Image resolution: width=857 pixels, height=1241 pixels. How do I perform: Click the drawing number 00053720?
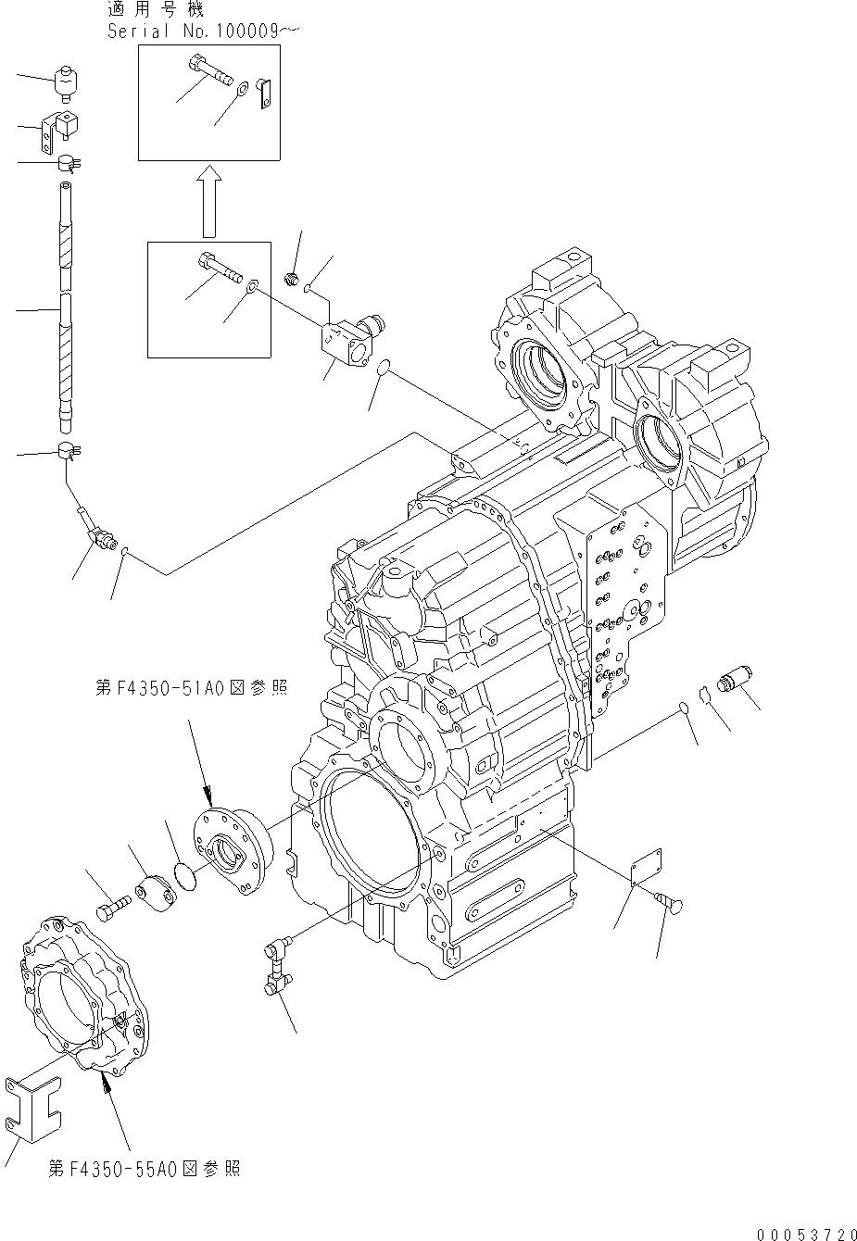point(804,1234)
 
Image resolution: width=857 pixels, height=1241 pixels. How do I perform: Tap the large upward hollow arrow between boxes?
point(210,201)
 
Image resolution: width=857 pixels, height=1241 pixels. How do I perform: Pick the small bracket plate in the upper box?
point(263,94)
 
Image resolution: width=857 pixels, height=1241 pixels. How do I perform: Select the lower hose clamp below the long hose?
point(69,452)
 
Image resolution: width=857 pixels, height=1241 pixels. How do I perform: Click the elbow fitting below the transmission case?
point(276,966)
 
